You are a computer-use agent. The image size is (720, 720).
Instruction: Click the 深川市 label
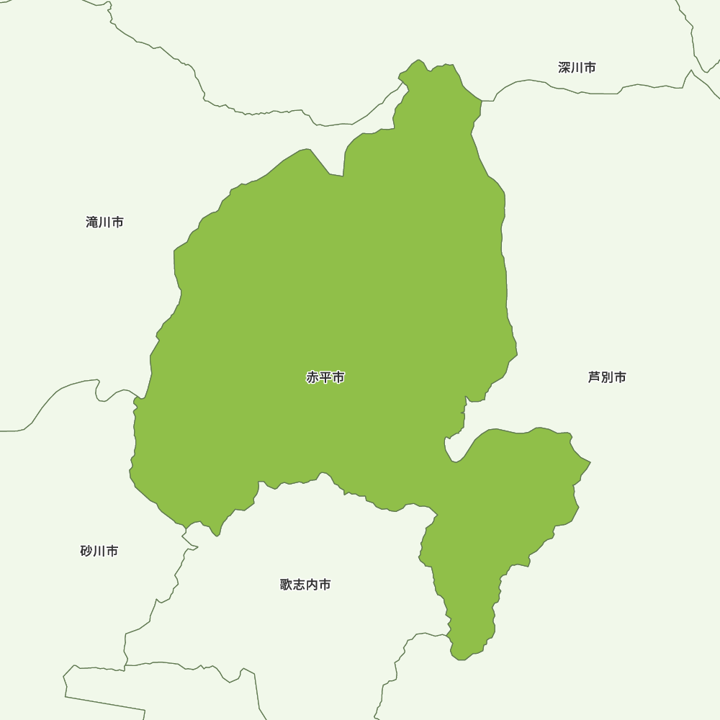click(577, 68)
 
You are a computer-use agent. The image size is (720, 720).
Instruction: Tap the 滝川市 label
click(104, 222)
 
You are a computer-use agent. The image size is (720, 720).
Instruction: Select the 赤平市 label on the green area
click(325, 377)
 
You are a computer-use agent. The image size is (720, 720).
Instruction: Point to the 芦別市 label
click(607, 377)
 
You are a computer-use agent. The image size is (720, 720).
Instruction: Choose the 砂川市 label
click(99, 552)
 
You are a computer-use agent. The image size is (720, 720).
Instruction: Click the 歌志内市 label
click(305, 585)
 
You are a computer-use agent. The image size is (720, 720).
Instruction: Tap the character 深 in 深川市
click(564, 68)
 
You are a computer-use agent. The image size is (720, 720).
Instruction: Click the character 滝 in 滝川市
click(92, 222)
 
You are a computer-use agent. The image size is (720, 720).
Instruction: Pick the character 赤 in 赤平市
click(312, 377)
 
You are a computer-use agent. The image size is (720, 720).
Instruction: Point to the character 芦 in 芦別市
click(595, 377)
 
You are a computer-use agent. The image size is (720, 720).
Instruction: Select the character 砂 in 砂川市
click(87, 552)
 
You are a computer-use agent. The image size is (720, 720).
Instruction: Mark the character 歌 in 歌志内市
click(287, 585)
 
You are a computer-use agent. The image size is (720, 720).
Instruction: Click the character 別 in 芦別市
click(607, 377)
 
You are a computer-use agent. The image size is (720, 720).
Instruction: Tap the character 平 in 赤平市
click(325, 377)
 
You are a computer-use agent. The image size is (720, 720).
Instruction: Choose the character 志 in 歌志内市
click(300, 585)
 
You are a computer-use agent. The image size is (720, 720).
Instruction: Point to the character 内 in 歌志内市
click(312, 585)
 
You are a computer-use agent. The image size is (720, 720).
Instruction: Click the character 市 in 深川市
click(590, 68)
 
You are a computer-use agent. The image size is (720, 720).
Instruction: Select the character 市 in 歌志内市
click(325, 585)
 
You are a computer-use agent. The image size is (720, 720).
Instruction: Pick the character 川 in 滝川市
click(104, 222)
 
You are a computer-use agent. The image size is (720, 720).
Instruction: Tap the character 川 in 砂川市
click(99, 552)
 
